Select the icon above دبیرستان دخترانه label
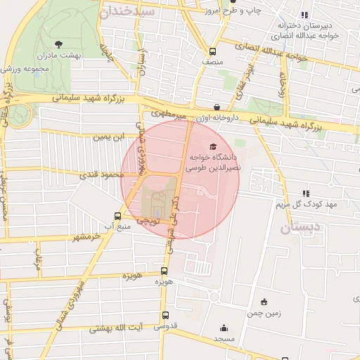click(304, 15)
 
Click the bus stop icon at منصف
click(213, 51)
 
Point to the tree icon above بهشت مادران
click(67, 44)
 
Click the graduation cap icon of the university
click(213, 146)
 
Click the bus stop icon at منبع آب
click(117, 216)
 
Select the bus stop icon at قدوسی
click(165, 316)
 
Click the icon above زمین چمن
click(264, 302)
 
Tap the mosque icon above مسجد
click(224, 327)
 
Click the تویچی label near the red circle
click(148, 220)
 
